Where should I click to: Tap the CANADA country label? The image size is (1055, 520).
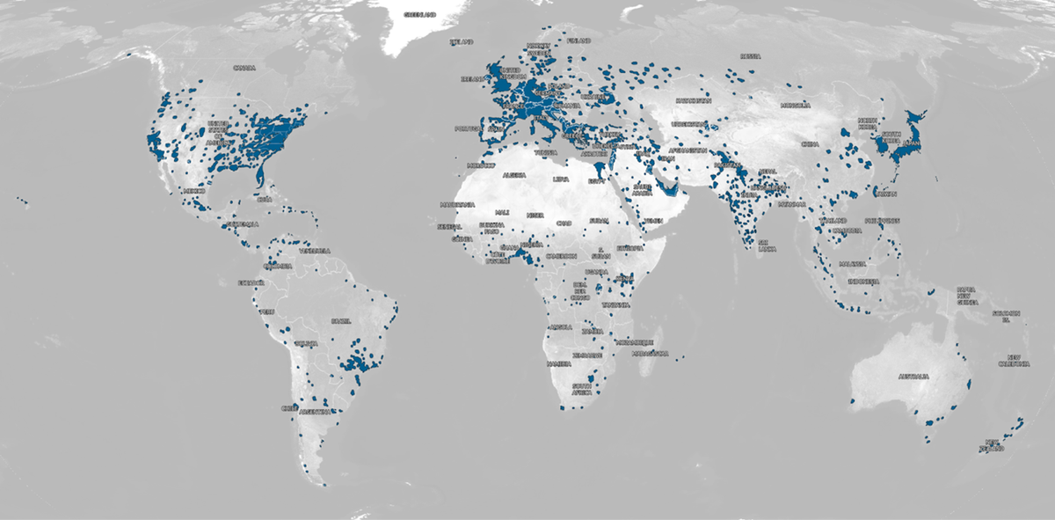click(244, 68)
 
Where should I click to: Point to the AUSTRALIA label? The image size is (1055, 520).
click(914, 377)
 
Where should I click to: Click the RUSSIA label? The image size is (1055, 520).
click(749, 56)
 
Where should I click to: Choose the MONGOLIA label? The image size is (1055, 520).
click(795, 106)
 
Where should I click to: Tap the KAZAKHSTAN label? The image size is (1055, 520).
click(692, 100)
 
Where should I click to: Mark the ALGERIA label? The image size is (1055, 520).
click(513, 176)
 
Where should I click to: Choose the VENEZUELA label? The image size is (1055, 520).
click(315, 251)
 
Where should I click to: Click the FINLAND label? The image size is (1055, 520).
click(578, 40)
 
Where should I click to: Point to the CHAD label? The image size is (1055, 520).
click(564, 223)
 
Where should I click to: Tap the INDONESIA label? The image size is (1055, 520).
click(863, 282)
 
